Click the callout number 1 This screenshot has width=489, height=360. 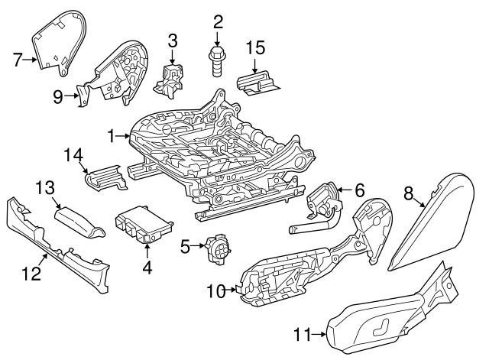pos(112,136)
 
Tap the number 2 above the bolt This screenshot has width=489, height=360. pos(217,21)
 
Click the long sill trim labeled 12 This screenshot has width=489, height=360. pos(57,237)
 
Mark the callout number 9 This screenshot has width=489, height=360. pos(58,97)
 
